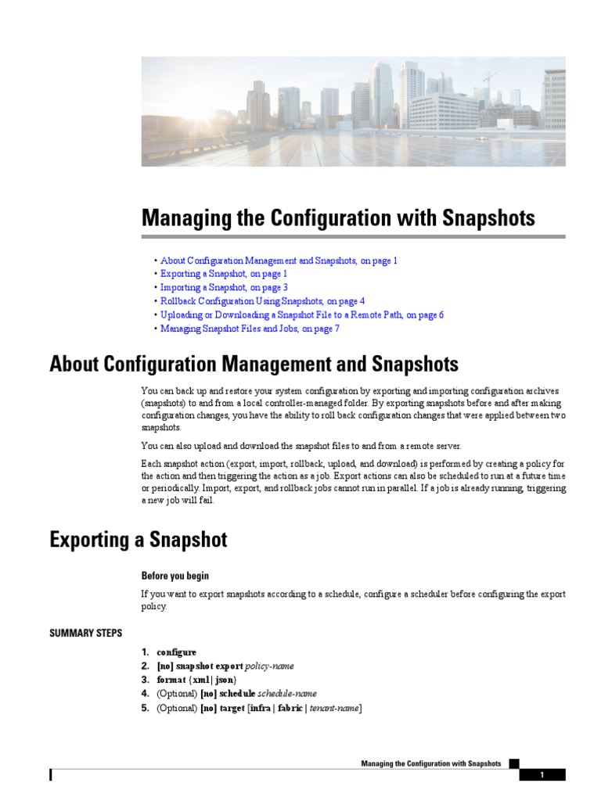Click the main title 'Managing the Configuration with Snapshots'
point(338,217)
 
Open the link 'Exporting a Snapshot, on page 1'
point(224,274)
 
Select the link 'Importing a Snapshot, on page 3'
point(224,287)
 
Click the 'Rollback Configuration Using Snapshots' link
point(262,300)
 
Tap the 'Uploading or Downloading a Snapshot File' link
point(302,314)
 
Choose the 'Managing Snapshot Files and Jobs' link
point(250,329)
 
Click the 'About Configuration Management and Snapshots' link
point(279,260)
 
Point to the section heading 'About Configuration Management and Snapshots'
point(254,365)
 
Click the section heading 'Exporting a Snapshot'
point(139,540)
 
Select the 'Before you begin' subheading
point(175,576)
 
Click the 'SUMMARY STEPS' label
point(85,633)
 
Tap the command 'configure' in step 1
point(176,652)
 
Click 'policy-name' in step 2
point(269,666)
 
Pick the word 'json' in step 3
point(225,681)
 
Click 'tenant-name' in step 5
point(334,709)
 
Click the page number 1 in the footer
point(542,775)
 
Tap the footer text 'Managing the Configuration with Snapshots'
point(430,763)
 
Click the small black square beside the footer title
point(513,763)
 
